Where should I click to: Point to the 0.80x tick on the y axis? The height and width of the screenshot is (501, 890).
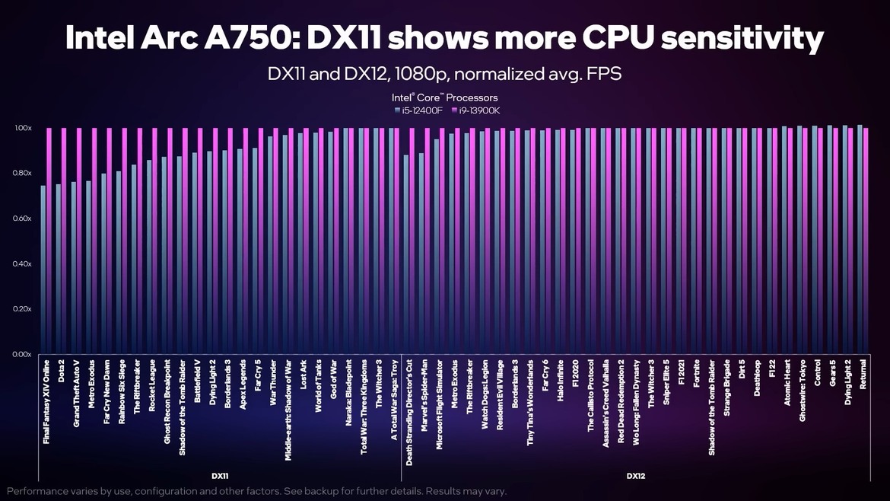pyautogui.click(x=21, y=174)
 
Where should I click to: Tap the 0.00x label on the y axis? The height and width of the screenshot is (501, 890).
pyautogui.click(x=21, y=355)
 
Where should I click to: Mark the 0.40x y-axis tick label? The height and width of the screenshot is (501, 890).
pyautogui.click(x=21, y=264)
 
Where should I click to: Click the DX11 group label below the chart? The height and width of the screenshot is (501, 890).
pyautogui.click(x=221, y=476)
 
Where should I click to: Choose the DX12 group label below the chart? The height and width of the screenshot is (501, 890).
pyautogui.click(x=636, y=476)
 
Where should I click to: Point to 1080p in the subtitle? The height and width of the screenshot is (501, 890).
pyautogui.click(x=414, y=75)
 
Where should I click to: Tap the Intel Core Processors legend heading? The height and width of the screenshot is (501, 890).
pyautogui.click(x=445, y=97)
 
